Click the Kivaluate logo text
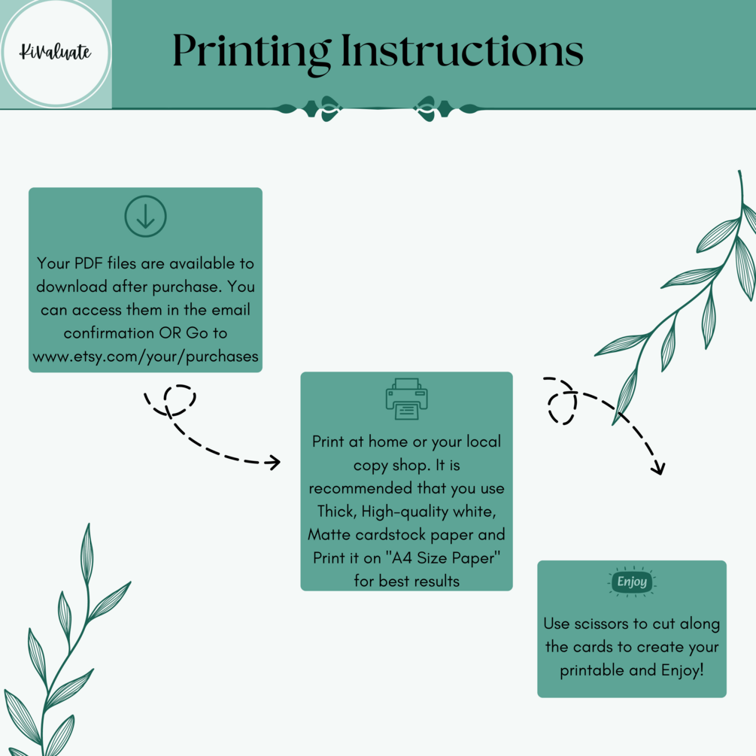[55, 52]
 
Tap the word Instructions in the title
[462, 50]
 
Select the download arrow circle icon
[146, 216]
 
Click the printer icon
[406, 399]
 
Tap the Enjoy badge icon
[632, 582]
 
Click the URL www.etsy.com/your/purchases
[146, 357]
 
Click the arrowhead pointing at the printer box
[275, 463]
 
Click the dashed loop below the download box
[180, 399]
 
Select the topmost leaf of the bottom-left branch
[87, 553]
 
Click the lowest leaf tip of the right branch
[613, 424]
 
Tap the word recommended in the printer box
[360, 488]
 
